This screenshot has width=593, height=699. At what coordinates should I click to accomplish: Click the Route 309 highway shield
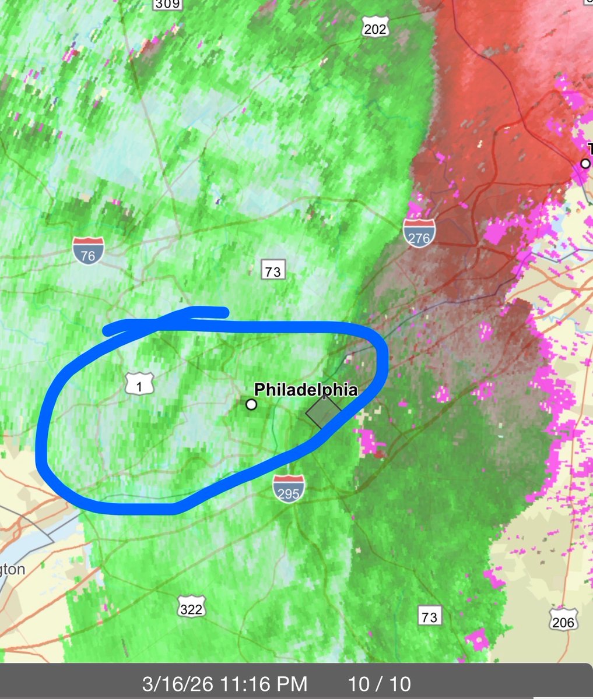pyautogui.click(x=167, y=4)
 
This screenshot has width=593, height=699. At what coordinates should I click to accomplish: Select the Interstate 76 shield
pyautogui.click(x=89, y=250)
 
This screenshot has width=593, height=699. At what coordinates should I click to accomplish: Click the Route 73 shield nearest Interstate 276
pyautogui.click(x=272, y=271)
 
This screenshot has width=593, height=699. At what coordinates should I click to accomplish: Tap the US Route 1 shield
pyautogui.click(x=139, y=385)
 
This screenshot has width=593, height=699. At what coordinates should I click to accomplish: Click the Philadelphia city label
pyautogui.click(x=306, y=389)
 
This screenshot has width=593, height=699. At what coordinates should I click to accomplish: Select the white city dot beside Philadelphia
pyautogui.click(x=251, y=404)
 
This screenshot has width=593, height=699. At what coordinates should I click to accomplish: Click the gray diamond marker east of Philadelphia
pyautogui.click(x=323, y=412)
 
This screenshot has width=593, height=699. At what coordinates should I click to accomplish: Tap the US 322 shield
pyautogui.click(x=191, y=608)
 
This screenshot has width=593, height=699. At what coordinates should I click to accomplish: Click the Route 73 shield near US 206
pyautogui.click(x=429, y=616)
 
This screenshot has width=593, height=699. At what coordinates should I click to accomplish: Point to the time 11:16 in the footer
pyautogui.click(x=241, y=683)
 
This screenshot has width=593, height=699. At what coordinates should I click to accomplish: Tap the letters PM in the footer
pyautogui.click(x=293, y=683)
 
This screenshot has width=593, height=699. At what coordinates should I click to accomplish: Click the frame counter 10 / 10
pyautogui.click(x=380, y=683)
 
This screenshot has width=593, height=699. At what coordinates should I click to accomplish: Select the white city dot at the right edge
pyautogui.click(x=585, y=164)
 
